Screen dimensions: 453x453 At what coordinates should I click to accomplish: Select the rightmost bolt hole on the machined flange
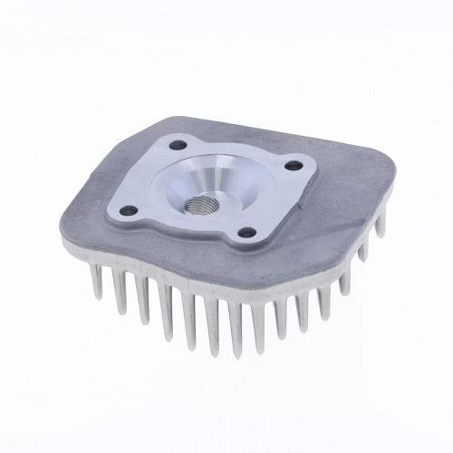click(294, 165)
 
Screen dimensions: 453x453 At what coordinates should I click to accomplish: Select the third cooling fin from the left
click(143, 302)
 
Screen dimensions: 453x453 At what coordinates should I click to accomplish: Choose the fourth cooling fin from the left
click(167, 313)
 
